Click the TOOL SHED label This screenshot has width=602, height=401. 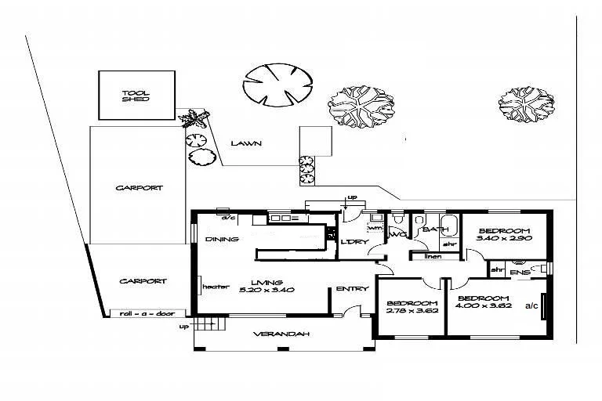point(136,97)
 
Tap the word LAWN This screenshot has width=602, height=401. point(245,143)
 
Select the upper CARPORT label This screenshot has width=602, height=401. point(139,188)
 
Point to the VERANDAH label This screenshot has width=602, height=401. point(281,334)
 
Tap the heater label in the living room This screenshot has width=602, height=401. point(215,287)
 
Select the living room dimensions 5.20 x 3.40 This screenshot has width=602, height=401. point(267,291)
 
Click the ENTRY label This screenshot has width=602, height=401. point(352,289)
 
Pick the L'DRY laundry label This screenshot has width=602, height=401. point(354,242)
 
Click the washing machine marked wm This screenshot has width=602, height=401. point(375,229)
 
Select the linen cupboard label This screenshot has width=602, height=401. point(432,256)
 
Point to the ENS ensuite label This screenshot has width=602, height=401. point(519,272)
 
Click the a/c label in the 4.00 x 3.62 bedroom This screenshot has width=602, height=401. point(531,305)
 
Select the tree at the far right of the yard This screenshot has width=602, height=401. point(529,104)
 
